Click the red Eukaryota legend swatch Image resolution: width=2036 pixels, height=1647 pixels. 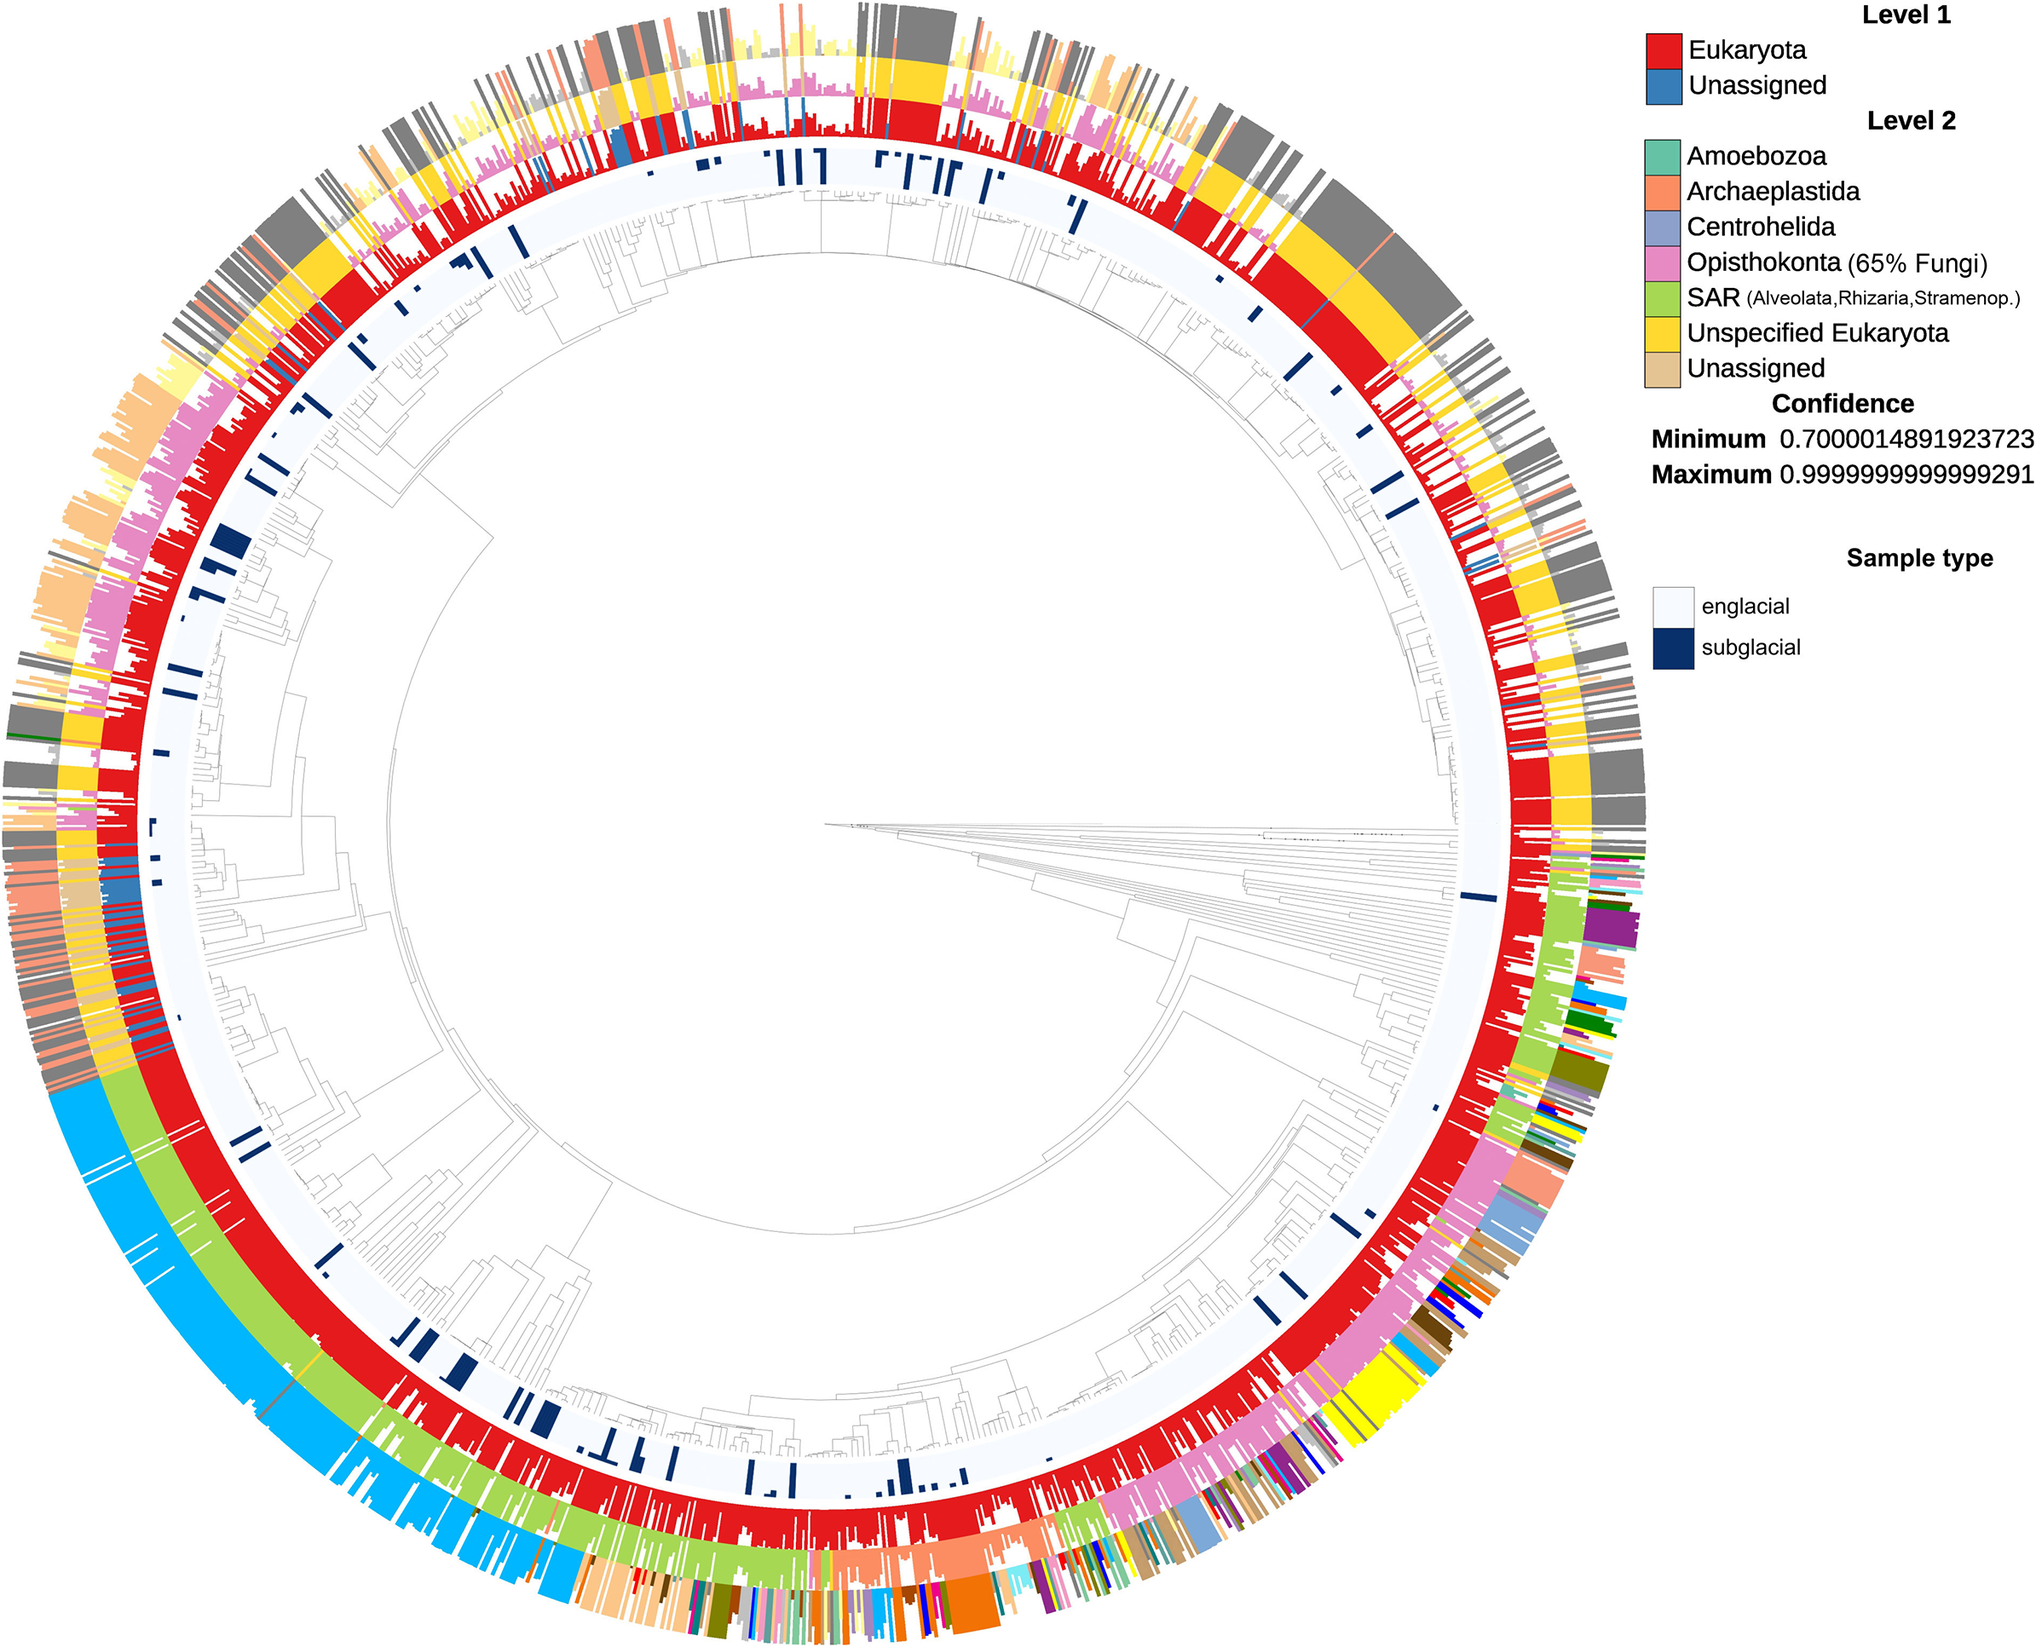[x=1663, y=50]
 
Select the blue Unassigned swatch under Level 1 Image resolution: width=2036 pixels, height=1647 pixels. [x=1663, y=85]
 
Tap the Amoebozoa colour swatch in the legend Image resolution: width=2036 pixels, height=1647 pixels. [x=1662, y=157]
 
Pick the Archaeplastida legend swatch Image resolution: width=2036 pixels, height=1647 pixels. [x=1662, y=192]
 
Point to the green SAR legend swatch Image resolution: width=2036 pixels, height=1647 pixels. [x=1662, y=298]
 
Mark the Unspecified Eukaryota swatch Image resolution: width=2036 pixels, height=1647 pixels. [x=1662, y=333]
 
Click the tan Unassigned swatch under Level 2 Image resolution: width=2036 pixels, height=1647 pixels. [x=1662, y=369]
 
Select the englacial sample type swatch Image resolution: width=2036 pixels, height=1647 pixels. [x=1674, y=608]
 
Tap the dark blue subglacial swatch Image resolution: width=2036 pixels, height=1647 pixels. [x=1674, y=649]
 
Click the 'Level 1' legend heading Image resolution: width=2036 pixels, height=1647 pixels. [x=1906, y=15]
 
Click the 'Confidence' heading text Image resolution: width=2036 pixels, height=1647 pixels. [x=1843, y=404]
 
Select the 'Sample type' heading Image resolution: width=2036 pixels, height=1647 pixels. [x=1919, y=559]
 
